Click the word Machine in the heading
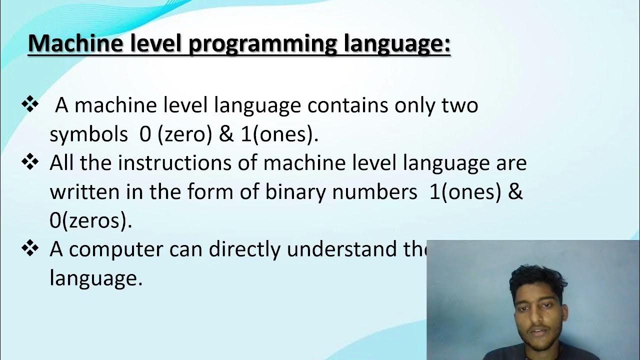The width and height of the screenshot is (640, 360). (x=75, y=44)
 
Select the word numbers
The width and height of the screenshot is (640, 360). (x=375, y=192)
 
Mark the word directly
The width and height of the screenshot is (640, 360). (x=245, y=250)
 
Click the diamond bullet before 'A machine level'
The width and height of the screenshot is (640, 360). (x=30, y=104)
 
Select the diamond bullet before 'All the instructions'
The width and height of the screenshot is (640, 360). (x=30, y=162)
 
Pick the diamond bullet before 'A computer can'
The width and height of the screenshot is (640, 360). (x=30, y=249)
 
